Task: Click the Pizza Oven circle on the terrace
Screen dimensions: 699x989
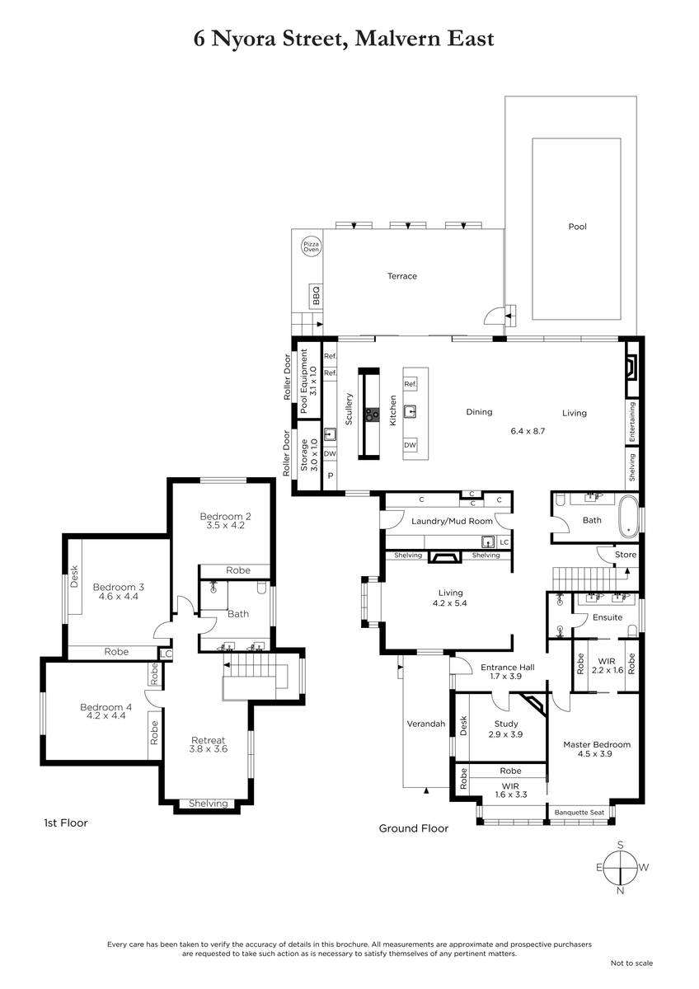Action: [311, 246]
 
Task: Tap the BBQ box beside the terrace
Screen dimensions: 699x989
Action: [316, 296]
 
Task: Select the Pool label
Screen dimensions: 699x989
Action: [577, 227]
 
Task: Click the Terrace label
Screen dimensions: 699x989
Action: [401, 276]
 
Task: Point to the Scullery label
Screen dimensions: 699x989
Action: [349, 409]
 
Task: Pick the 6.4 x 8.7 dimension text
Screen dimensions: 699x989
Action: [528, 431]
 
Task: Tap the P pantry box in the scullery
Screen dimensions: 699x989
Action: [330, 476]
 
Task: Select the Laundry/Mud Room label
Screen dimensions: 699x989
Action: [452, 522]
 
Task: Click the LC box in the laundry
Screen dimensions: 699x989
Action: [504, 542]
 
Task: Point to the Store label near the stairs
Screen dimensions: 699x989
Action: [626, 555]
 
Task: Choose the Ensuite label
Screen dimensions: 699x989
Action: [608, 617]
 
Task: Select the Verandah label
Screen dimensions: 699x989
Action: [425, 724]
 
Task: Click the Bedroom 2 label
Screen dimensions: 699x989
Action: [225, 516]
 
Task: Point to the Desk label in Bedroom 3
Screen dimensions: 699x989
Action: [73, 577]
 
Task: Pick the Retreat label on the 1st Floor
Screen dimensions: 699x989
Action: [208, 740]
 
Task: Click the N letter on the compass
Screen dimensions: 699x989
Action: [620, 891]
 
